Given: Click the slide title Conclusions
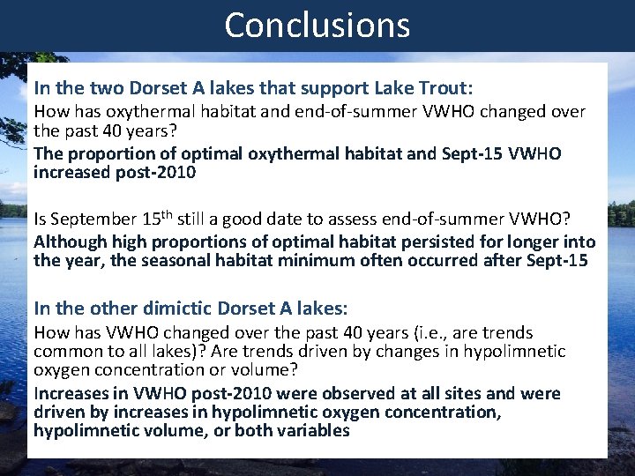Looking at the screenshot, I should (x=317, y=25).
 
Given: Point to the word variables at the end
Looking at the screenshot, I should (x=312, y=430).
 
